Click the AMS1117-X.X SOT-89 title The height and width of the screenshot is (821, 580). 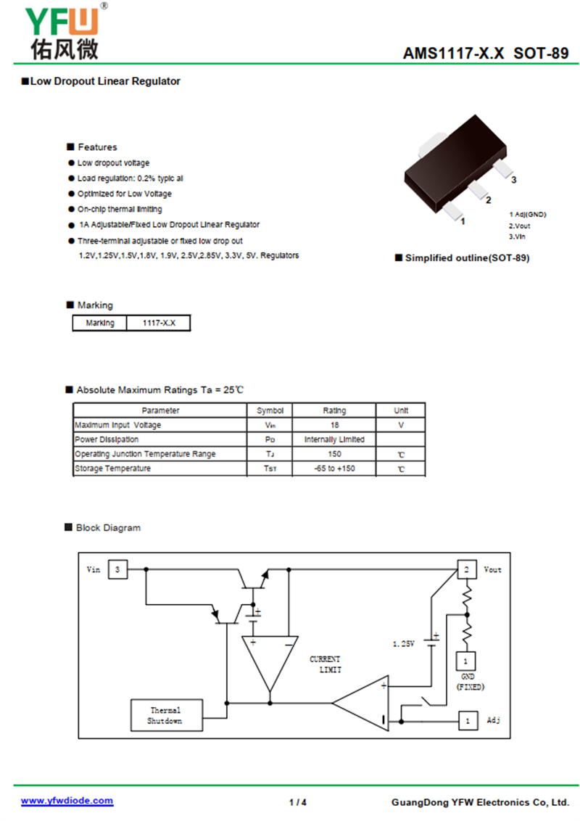coord(485,53)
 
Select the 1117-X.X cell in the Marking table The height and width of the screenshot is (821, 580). coord(159,323)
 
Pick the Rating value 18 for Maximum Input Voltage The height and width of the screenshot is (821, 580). coord(334,425)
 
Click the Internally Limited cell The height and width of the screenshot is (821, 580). coord(334,440)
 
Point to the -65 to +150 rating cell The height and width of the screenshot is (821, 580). coord(334,468)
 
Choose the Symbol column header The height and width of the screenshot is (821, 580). coord(270,410)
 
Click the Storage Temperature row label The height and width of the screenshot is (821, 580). coord(112,468)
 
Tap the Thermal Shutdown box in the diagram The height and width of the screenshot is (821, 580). coord(167,715)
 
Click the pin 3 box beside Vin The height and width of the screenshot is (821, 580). coord(117,569)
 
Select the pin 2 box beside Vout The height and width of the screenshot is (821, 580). coord(467,569)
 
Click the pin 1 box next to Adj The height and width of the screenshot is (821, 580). coord(468,721)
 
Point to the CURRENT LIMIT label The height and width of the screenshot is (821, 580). coord(325,664)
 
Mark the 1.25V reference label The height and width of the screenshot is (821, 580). coord(404,643)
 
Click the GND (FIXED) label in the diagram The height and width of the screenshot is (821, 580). coord(470,682)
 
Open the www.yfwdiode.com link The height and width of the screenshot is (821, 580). coord(67,801)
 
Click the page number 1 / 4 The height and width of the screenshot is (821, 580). coord(298,802)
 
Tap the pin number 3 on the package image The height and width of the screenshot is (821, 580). coord(513,180)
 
